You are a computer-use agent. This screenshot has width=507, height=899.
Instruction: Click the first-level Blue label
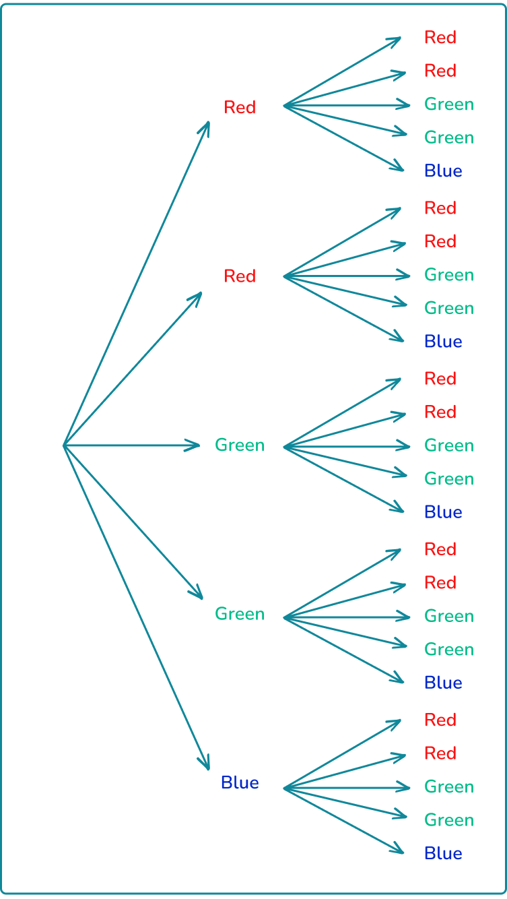point(240,783)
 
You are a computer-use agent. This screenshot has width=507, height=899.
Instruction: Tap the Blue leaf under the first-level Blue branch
point(443,853)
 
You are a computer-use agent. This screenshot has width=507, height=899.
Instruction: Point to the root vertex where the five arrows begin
point(64,445)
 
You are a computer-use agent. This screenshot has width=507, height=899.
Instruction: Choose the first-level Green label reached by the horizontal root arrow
point(240,445)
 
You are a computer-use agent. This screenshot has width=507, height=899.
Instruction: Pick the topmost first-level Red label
point(240,107)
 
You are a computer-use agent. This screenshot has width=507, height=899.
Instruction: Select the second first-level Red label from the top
point(240,276)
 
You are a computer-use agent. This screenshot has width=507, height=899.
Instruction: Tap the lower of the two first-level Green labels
point(240,614)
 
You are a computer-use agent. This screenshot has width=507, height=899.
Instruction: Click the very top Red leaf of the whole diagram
point(440,38)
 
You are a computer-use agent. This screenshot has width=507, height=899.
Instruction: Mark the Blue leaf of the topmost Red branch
point(443,171)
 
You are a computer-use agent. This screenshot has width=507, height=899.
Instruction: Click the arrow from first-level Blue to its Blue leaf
point(343,821)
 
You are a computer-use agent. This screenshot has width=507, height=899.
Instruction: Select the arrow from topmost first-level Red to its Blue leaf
point(343,138)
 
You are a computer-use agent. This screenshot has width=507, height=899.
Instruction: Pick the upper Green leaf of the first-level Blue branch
point(449,786)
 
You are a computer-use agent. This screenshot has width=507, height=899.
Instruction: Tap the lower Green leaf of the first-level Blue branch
point(449,820)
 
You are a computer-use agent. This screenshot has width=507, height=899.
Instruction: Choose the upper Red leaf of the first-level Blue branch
point(440,720)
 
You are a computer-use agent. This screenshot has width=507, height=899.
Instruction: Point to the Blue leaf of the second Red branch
point(443,342)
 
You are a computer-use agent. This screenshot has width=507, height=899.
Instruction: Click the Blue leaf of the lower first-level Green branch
point(443,683)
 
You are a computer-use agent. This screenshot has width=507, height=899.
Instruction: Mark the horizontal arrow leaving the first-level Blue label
point(347,787)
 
